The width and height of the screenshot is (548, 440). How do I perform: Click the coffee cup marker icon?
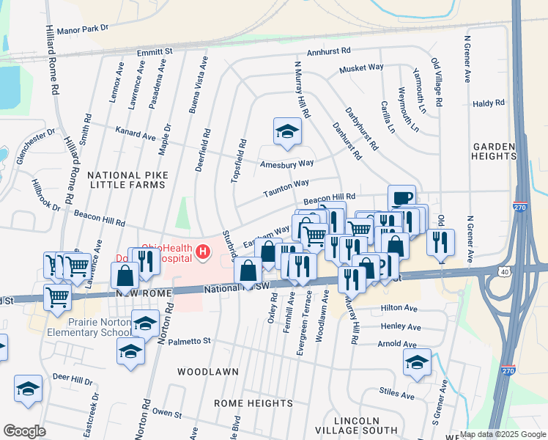coord(401,197)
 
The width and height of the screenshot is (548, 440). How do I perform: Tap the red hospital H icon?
coord(202,254)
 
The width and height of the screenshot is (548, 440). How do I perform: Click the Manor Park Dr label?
coord(82,28)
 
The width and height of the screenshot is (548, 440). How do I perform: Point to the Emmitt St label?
coord(154,52)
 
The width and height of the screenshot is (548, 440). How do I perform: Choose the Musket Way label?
coord(360,67)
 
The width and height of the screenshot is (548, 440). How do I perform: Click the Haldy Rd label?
coord(489,104)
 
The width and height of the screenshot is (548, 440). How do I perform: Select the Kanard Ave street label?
coord(136,136)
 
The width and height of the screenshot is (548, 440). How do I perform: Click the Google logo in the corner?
coord(24,431)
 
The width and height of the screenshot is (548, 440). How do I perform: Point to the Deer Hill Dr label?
coord(73,381)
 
